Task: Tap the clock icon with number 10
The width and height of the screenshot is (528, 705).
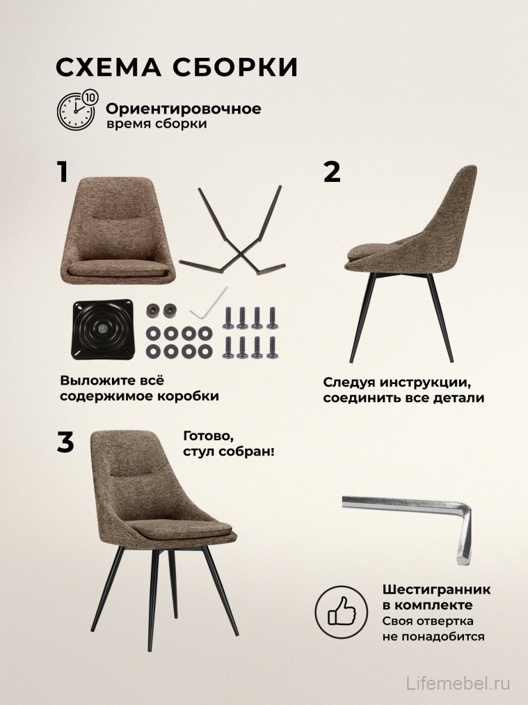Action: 77,110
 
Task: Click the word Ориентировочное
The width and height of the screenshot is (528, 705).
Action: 184,109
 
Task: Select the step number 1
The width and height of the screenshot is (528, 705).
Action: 63,172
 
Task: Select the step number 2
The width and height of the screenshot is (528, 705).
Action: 333,172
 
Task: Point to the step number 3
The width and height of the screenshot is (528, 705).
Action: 65,443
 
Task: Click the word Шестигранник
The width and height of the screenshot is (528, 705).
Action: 436,590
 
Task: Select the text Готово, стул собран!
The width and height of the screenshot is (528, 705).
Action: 228,444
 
